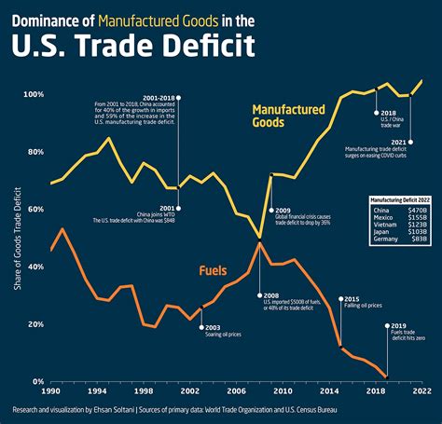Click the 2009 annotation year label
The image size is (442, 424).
281,211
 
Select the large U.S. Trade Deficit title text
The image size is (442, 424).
143,47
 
